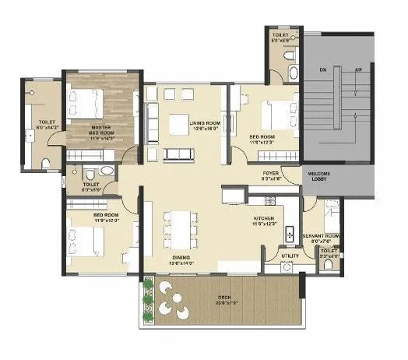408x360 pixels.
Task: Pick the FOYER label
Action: [269, 175]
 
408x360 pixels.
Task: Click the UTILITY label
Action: [289, 255]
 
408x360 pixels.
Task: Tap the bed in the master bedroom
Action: [86, 101]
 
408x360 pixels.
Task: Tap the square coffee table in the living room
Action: [178, 123]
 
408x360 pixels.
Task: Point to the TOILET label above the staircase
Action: [281, 35]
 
